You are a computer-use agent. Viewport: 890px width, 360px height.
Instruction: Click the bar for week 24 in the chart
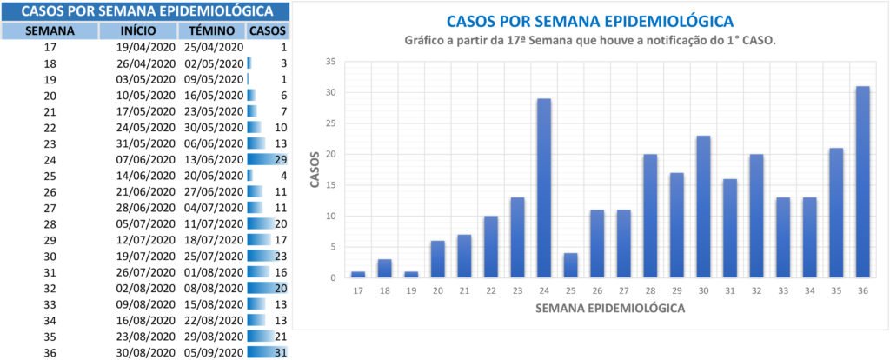[543, 188]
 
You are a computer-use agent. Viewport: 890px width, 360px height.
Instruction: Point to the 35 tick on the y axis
[330, 62]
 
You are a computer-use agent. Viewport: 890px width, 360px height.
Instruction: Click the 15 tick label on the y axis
[330, 185]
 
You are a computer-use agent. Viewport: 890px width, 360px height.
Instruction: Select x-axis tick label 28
[649, 290]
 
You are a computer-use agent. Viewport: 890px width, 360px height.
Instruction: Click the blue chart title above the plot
[588, 21]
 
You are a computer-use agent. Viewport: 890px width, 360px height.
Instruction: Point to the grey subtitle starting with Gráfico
[590, 41]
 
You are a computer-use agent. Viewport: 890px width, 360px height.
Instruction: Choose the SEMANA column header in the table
[50, 30]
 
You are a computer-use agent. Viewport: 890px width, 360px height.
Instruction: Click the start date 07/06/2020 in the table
[146, 159]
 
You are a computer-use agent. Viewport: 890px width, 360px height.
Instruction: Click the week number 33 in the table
[50, 303]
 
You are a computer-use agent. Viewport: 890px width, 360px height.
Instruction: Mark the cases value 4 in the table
[283, 175]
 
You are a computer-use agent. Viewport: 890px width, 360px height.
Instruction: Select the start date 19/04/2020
[146, 47]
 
